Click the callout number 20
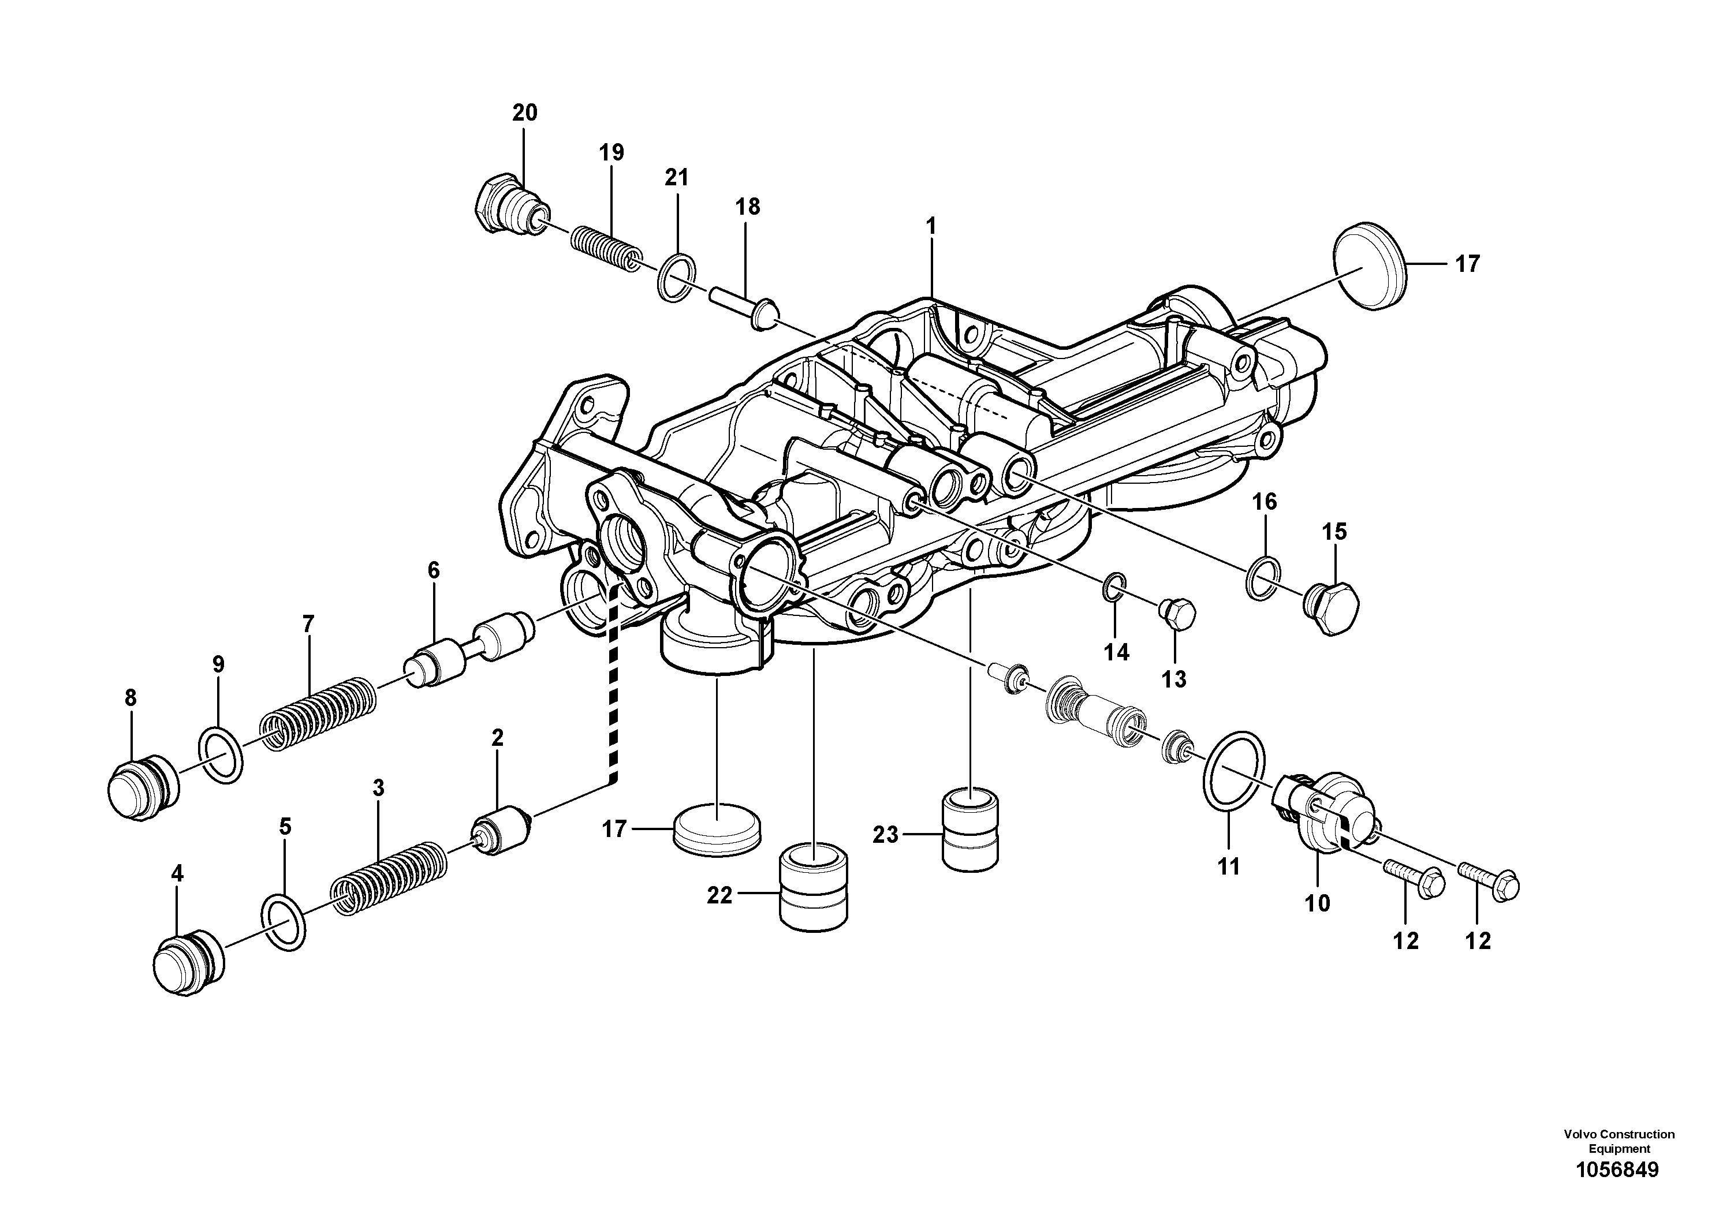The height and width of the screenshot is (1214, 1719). (x=524, y=113)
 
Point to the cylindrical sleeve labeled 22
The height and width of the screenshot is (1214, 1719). (x=814, y=888)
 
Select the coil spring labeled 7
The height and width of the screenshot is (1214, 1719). (x=318, y=715)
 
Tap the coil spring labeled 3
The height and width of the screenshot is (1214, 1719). (x=389, y=879)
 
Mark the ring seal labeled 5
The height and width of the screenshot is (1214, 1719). (x=285, y=922)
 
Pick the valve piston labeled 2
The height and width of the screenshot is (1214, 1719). (x=502, y=831)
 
